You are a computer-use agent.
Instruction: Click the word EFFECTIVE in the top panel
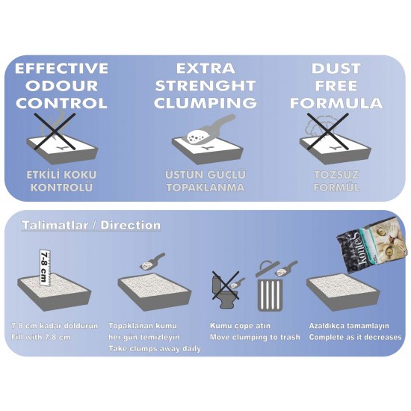tap(61, 68)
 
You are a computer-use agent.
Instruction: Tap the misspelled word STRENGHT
tap(205, 86)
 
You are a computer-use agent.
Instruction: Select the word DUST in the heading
tap(336, 69)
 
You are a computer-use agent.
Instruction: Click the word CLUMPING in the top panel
tap(205, 103)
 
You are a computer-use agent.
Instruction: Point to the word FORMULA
tap(336, 103)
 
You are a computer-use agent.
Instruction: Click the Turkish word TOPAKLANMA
tap(205, 188)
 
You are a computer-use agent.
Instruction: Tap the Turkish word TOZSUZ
tap(336, 175)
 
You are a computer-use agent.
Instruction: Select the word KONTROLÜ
tap(61, 187)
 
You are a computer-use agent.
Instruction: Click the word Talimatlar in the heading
tap(55, 225)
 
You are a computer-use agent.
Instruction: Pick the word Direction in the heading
tap(131, 225)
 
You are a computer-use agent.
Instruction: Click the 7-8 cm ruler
tap(45, 268)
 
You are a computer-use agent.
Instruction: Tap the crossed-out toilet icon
tap(226, 289)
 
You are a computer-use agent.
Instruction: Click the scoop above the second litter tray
tap(152, 262)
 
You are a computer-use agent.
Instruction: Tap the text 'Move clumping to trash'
tap(255, 337)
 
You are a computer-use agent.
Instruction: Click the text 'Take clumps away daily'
tap(155, 349)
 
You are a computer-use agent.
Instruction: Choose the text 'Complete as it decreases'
tap(355, 337)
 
